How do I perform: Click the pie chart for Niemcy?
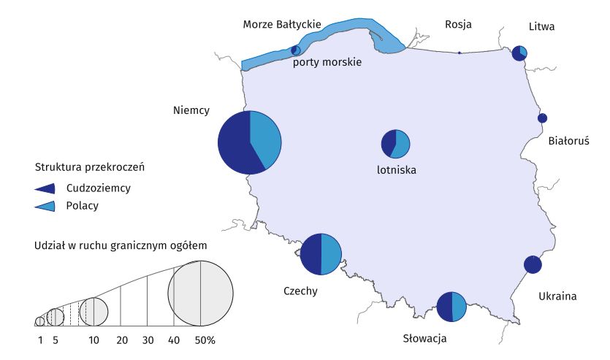(250, 142)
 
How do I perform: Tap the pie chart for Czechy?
(321, 254)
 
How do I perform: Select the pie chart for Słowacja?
(451, 307)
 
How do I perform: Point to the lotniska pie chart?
(396, 143)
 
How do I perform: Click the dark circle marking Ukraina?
(533, 264)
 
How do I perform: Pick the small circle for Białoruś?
(543, 118)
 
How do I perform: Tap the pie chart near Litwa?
(519, 53)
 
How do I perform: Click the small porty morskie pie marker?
(295, 50)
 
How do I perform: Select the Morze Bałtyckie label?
(282, 25)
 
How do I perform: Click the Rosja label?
(458, 24)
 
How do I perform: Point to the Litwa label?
(541, 27)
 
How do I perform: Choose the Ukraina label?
(557, 296)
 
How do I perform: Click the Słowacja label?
(424, 338)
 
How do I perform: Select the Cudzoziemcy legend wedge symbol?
(45, 188)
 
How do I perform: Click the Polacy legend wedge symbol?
(45, 206)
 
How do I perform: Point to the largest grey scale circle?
(200, 293)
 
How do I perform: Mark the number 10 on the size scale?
(94, 340)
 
